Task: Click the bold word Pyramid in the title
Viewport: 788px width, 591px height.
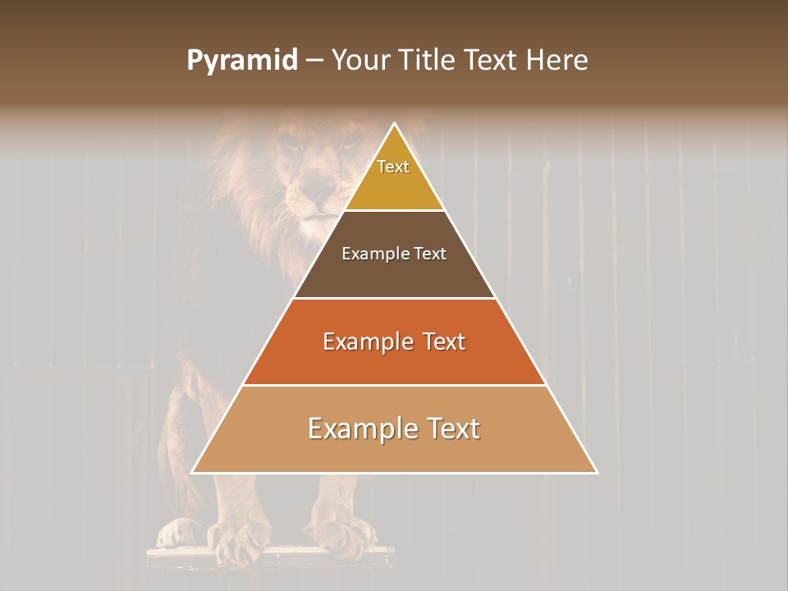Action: click(241, 61)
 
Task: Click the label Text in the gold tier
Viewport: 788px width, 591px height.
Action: click(393, 167)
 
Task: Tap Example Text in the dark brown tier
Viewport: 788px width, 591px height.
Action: click(394, 254)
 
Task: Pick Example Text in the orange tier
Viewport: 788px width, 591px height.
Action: click(394, 341)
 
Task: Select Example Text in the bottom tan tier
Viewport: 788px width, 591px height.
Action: click(394, 428)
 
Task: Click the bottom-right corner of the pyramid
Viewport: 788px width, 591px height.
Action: click(597, 473)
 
